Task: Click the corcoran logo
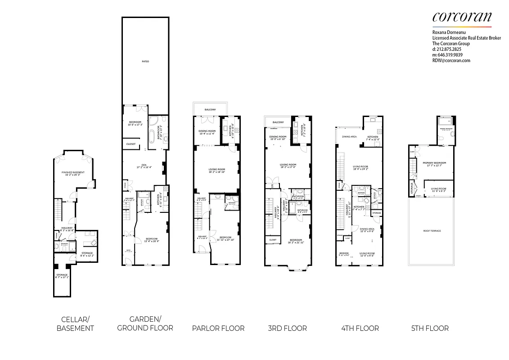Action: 462,17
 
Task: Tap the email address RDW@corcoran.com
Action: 451,60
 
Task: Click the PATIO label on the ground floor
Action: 145,61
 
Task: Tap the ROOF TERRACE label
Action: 432,230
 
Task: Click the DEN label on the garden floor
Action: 144,164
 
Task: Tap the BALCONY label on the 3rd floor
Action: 278,122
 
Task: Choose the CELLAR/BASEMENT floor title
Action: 75,324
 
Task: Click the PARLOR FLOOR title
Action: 218,328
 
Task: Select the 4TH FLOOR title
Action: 360,328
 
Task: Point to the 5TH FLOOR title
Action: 430,328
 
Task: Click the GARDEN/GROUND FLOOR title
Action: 145,324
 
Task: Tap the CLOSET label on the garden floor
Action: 131,144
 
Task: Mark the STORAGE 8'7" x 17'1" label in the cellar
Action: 62,274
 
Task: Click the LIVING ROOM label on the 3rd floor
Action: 288,165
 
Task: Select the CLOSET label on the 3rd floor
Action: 273,240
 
